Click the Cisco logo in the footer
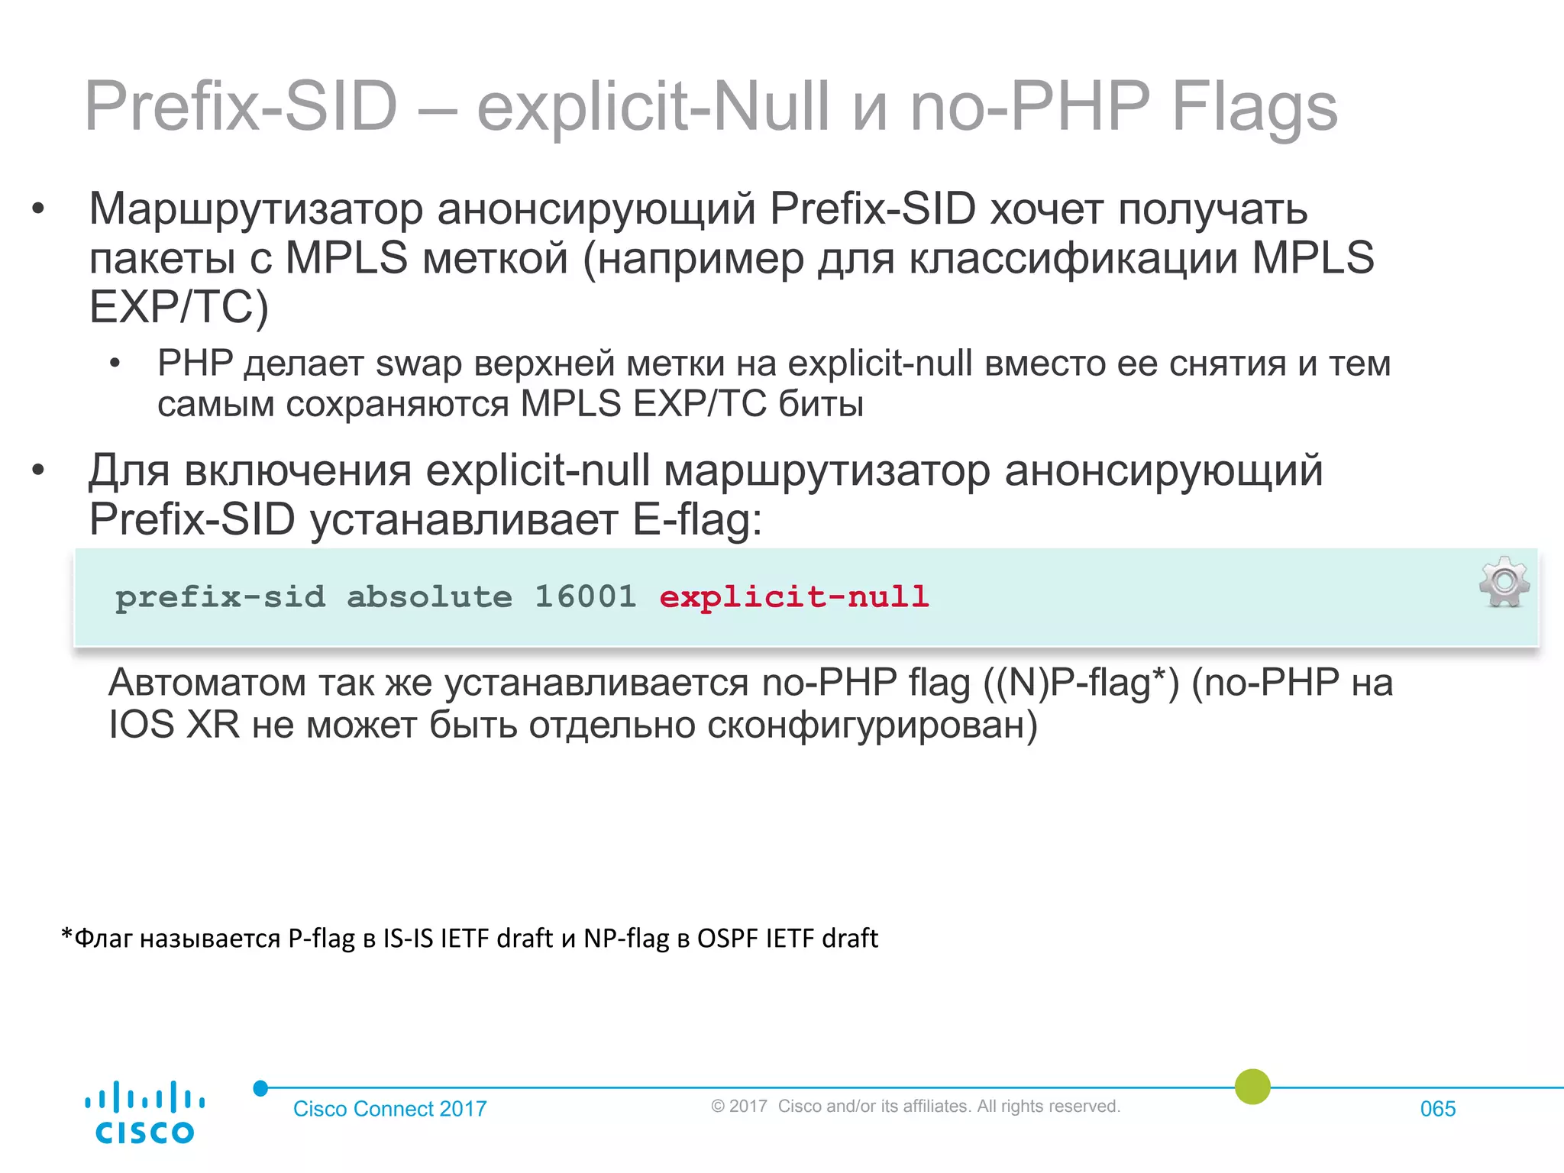click(x=144, y=1112)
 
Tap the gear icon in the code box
click(x=1504, y=582)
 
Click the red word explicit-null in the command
click(x=793, y=596)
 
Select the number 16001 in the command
click(x=585, y=596)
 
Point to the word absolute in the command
click(x=429, y=596)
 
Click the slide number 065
click(x=1437, y=1109)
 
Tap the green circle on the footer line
click(x=1252, y=1087)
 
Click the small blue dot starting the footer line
click(x=260, y=1088)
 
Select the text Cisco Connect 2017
click(x=389, y=1109)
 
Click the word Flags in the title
click(x=1254, y=107)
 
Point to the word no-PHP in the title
click(x=1029, y=107)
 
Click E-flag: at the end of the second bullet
click(x=697, y=520)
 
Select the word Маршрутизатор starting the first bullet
click(x=256, y=209)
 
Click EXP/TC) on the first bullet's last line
click(x=179, y=307)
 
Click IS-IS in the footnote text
click(x=408, y=938)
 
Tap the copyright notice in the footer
click(x=915, y=1107)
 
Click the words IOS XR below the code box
click(x=174, y=725)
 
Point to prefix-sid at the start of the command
click(x=220, y=596)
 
